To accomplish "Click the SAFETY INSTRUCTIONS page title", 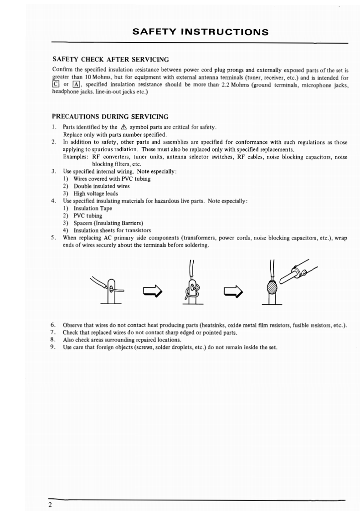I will pos(200,32).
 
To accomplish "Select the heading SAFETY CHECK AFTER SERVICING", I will pos(111,59).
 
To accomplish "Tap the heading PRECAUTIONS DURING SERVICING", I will pos(111,117).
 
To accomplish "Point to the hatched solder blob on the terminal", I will pos(272,287).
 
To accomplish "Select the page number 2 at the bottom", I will pos(50,505).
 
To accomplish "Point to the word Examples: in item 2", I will pos(76,157).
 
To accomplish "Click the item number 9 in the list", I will pos(54,347).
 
